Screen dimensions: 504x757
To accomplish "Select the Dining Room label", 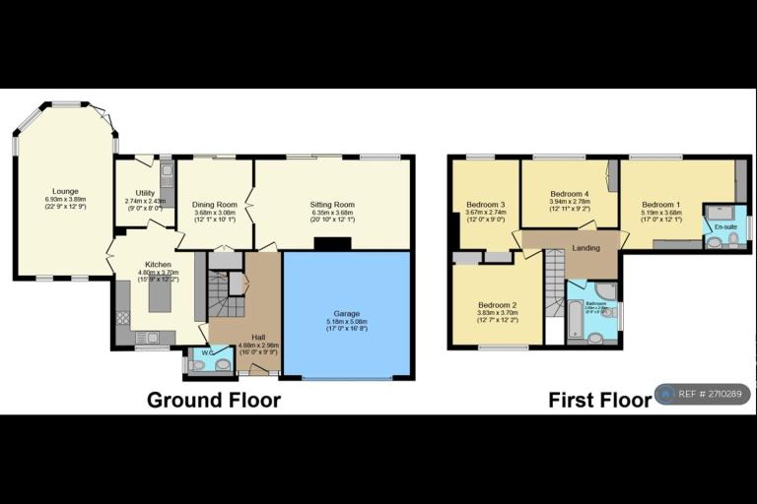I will tap(214, 204).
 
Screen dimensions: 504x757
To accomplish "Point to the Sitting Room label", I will tap(331, 205).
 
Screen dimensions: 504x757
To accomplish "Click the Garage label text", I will tap(346, 312).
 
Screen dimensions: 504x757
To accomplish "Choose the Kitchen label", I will tap(159, 265).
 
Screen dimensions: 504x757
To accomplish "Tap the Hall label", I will tap(258, 337).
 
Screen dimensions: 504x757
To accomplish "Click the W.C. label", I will tap(207, 352).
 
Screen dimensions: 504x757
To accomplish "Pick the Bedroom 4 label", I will tap(569, 194).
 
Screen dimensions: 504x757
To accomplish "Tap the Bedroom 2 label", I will tap(497, 304).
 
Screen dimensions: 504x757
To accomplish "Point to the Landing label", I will tap(585, 248).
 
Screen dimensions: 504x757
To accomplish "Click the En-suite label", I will tap(725, 227).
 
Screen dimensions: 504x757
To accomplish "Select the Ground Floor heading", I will tap(214, 400).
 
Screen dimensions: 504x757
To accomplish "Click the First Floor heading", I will tap(600, 400).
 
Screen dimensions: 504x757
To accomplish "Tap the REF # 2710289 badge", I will tap(706, 395).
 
